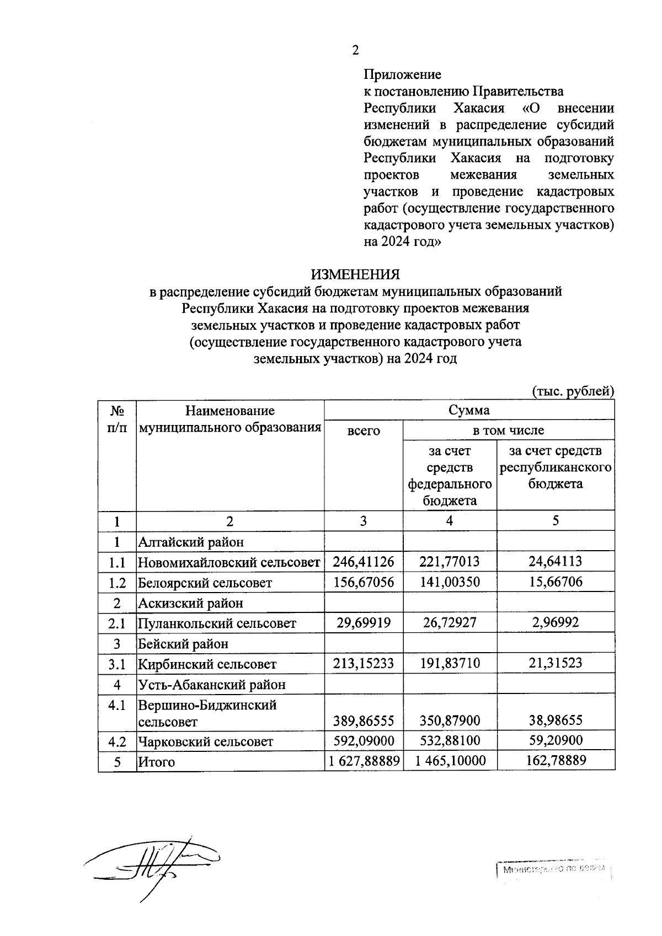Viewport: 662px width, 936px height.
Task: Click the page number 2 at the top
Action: point(355,50)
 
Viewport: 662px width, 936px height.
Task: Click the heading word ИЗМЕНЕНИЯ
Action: point(355,274)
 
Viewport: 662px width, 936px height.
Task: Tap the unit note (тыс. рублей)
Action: point(573,391)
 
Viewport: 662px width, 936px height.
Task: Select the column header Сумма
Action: point(469,410)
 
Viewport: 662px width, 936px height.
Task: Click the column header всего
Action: point(364,431)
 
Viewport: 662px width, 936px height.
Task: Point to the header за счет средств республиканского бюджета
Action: point(556,467)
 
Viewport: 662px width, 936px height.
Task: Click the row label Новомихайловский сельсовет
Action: point(229,562)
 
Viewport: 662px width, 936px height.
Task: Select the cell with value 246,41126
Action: point(364,562)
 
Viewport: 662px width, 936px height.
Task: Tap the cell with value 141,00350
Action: point(450,582)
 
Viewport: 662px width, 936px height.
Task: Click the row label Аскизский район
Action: point(190,603)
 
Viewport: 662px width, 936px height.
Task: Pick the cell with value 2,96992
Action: point(556,623)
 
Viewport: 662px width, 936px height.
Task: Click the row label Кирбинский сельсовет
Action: point(207,664)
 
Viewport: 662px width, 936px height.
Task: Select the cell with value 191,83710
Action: point(450,663)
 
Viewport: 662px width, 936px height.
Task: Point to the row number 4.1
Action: point(117,705)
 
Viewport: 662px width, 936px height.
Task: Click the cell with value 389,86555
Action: point(364,720)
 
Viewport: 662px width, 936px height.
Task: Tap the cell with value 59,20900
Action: point(556,740)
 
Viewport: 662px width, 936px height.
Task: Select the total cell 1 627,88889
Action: point(364,761)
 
